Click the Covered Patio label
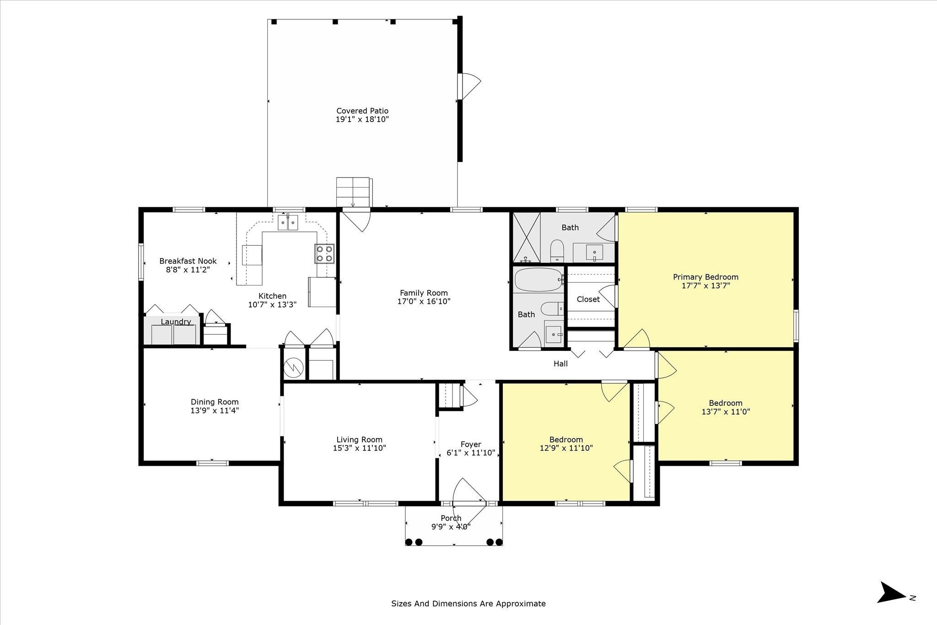pos(362,111)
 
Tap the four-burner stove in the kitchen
pos(324,254)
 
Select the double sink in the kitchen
pos(288,223)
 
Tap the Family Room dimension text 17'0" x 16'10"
pos(424,302)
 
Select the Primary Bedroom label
pos(705,277)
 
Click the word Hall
pos(560,364)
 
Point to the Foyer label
pos(471,444)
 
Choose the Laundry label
pos(176,322)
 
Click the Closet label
pos(588,299)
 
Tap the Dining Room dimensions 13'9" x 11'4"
pos(215,410)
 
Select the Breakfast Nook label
pos(188,261)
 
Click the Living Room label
pos(359,440)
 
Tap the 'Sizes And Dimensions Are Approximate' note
pos(468,603)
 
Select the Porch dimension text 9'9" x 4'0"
pos(451,527)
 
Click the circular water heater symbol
pos(293,367)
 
